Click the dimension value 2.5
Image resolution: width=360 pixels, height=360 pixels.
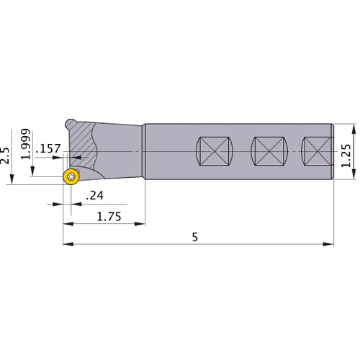[6, 155]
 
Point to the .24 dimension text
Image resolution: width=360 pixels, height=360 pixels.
[94, 196]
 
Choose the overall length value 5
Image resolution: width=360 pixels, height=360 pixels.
[196, 235]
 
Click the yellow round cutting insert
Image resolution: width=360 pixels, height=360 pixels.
[71, 178]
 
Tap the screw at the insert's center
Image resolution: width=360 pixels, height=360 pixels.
[71, 178]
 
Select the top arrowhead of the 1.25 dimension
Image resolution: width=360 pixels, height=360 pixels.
[354, 128]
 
